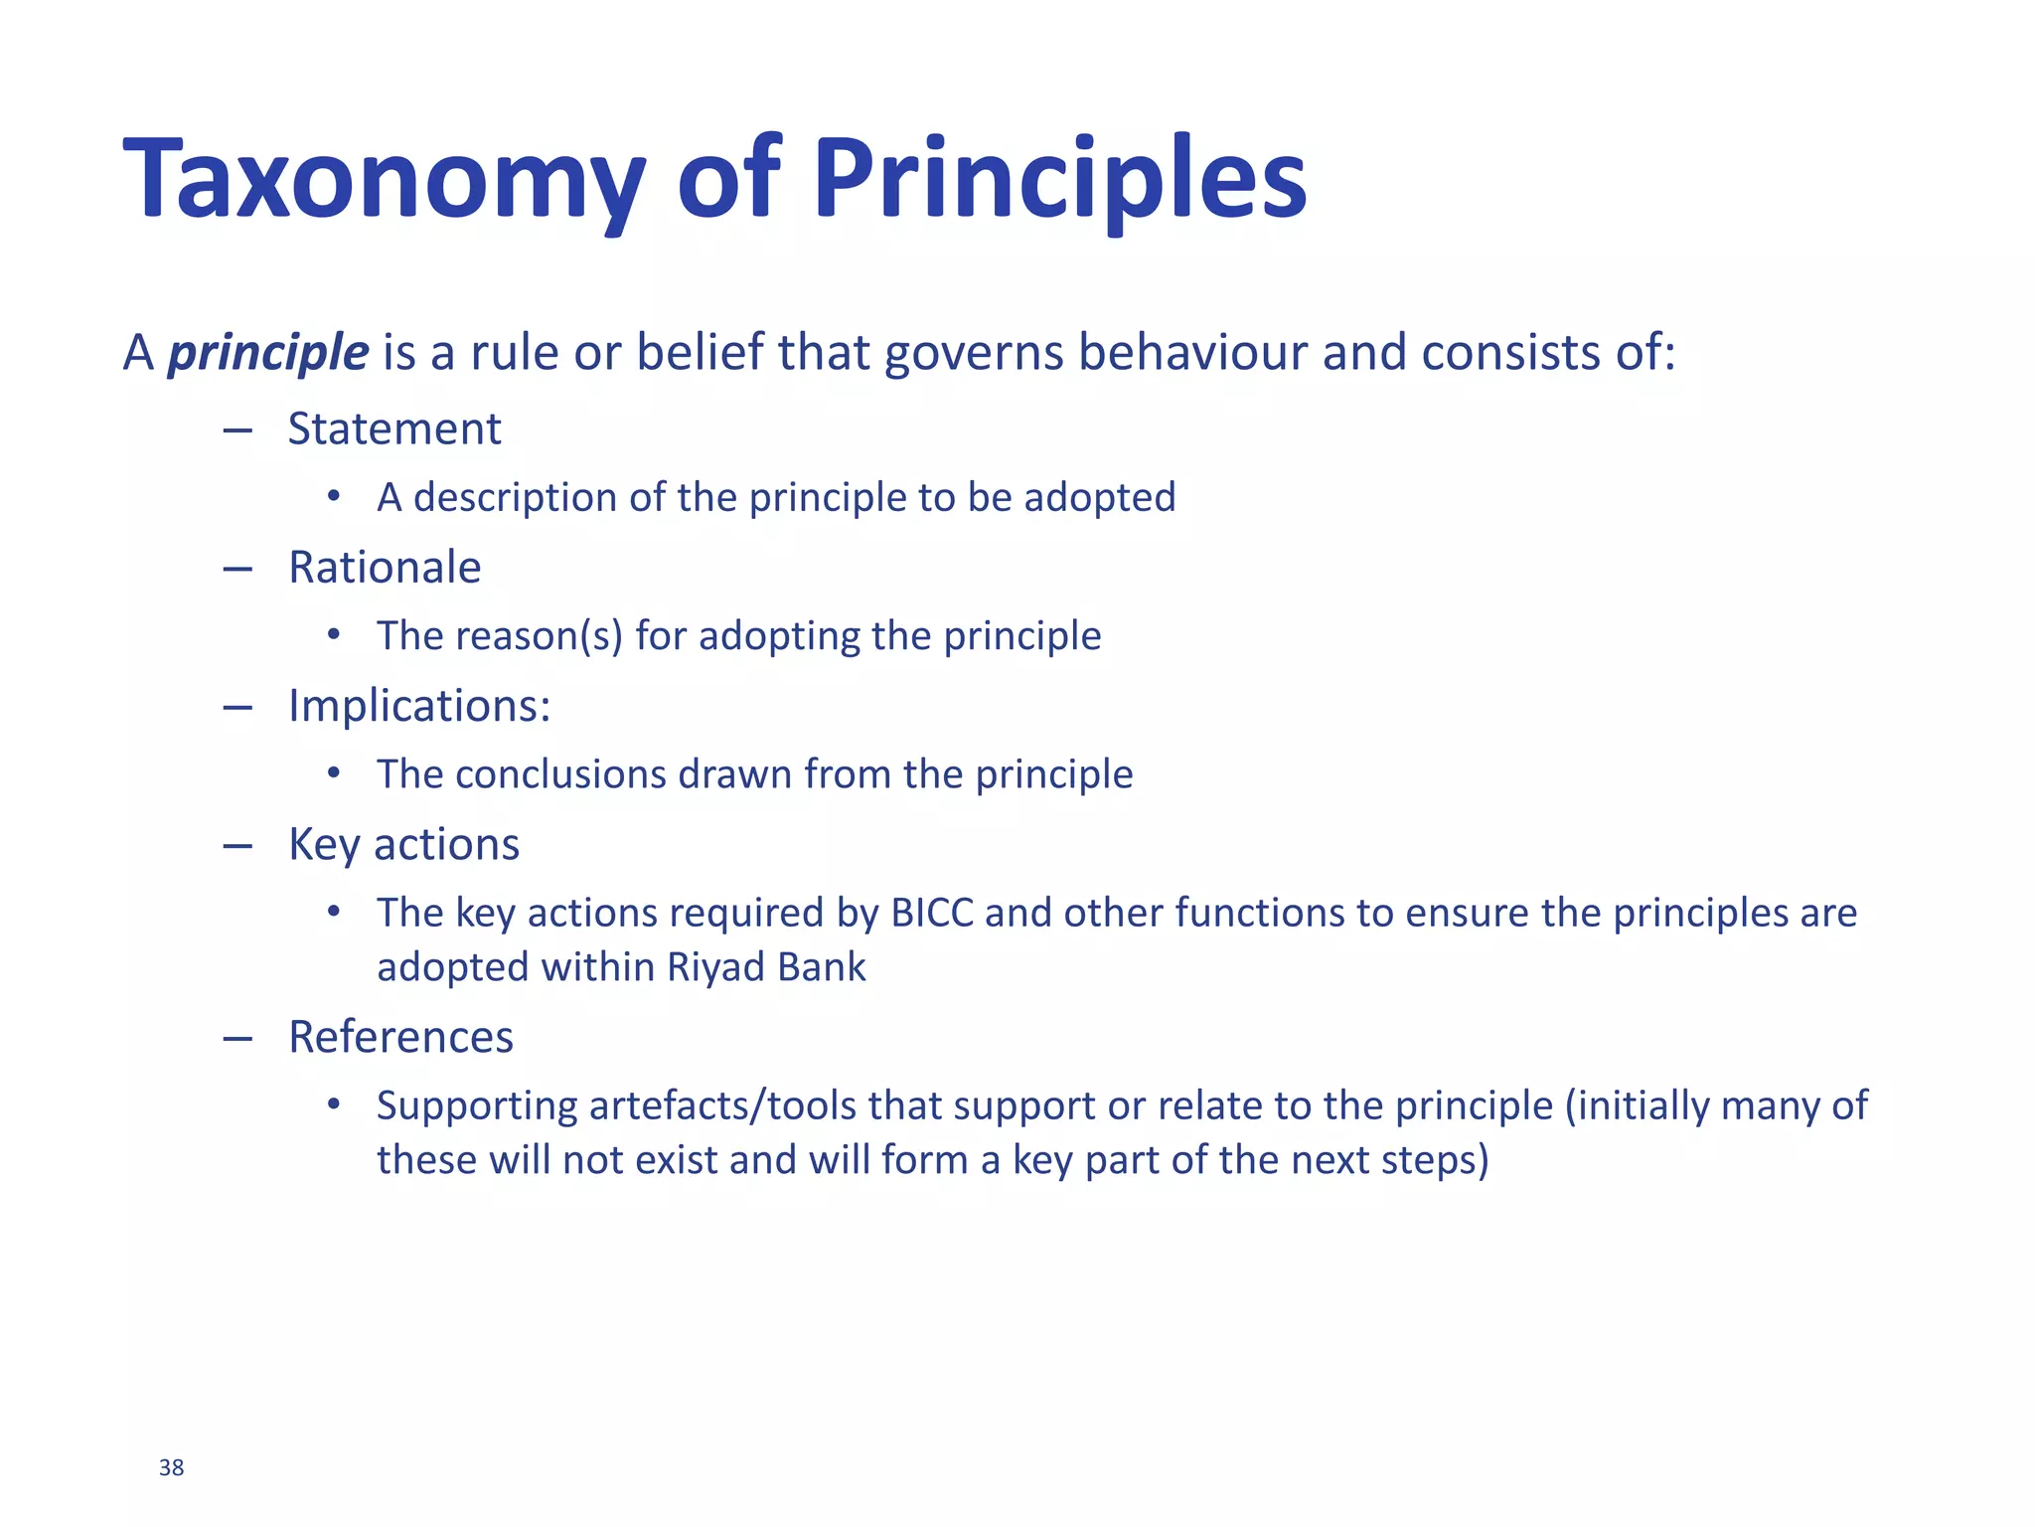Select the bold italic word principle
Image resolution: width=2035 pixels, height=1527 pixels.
[x=268, y=353]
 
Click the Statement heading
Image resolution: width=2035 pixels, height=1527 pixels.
[x=394, y=429]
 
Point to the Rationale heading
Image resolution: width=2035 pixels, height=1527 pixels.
[x=385, y=568]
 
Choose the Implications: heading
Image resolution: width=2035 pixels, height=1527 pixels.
[x=419, y=706]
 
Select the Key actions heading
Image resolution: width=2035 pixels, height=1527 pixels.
[x=403, y=845]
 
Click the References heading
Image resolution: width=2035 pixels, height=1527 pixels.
[x=400, y=1037]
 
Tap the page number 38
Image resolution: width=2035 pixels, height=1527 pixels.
[x=171, y=1467]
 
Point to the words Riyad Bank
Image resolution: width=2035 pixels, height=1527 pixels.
[x=766, y=967]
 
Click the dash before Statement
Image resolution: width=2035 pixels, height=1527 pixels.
[x=237, y=430]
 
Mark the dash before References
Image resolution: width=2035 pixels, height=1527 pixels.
[x=237, y=1039]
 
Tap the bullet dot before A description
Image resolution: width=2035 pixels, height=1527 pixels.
[x=334, y=495]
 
